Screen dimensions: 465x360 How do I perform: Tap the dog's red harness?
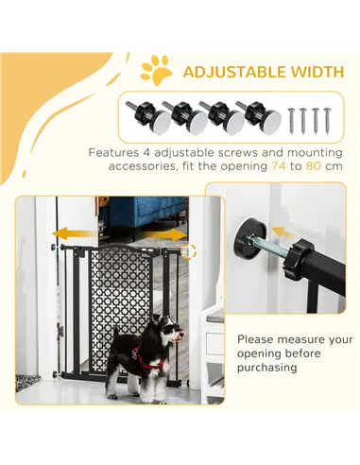pyautogui.click(x=148, y=360)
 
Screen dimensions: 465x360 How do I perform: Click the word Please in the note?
pyautogui.click(x=258, y=338)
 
